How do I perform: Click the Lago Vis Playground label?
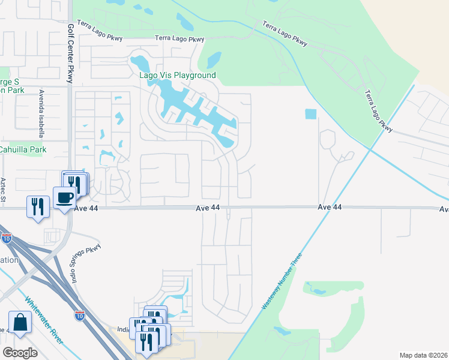(x=177, y=76)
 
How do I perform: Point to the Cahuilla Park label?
(x=23, y=150)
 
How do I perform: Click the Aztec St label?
(x=4, y=189)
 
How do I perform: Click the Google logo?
(x=20, y=353)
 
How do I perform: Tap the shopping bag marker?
(x=20, y=322)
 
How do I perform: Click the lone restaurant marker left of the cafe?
(x=38, y=206)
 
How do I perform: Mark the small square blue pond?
(x=310, y=114)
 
